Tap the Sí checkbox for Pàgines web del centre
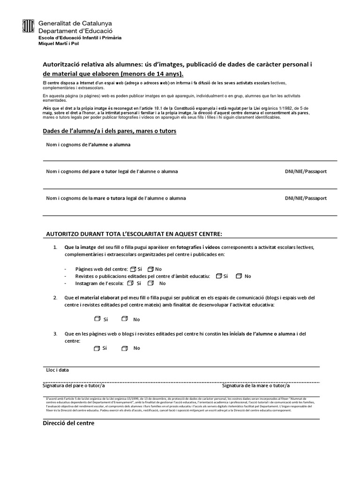point(133,269)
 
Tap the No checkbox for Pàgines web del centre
point(150,269)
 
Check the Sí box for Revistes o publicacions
point(219,276)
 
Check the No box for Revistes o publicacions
point(239,276)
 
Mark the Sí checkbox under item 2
point(97,319)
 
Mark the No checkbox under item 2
point(124,319)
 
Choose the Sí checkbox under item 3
point(97,348)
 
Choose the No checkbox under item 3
point(124,348)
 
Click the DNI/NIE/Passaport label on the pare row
point(306,172)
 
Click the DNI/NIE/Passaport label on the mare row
point(306,198)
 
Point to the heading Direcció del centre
point(68,423)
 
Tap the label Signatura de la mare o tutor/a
point(255,385)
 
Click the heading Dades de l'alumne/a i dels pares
point(109,131)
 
